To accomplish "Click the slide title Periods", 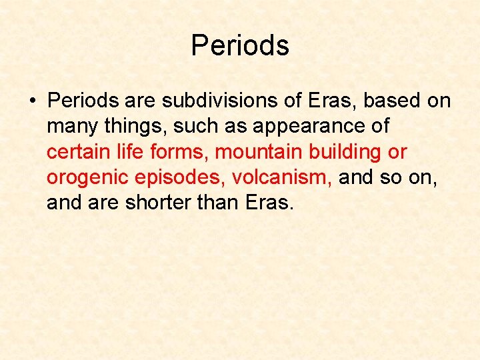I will (240, 46).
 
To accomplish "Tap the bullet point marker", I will (31, 101).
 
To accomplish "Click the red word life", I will (129, 152).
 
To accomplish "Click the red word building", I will (345, 152).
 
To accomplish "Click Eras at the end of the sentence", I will (270, 203).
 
